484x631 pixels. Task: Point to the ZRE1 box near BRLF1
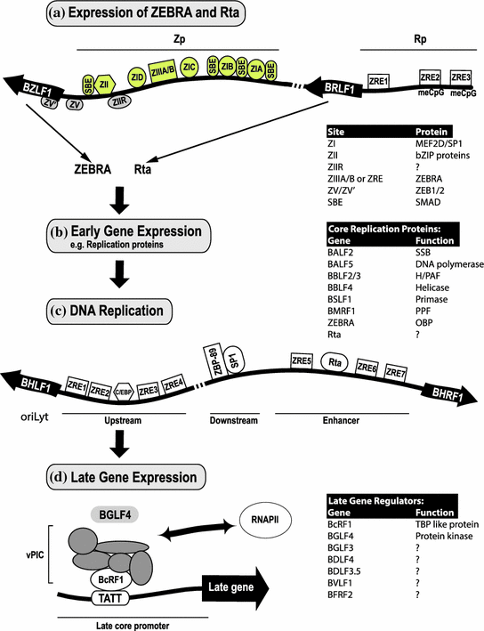(x=379, y=83)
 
